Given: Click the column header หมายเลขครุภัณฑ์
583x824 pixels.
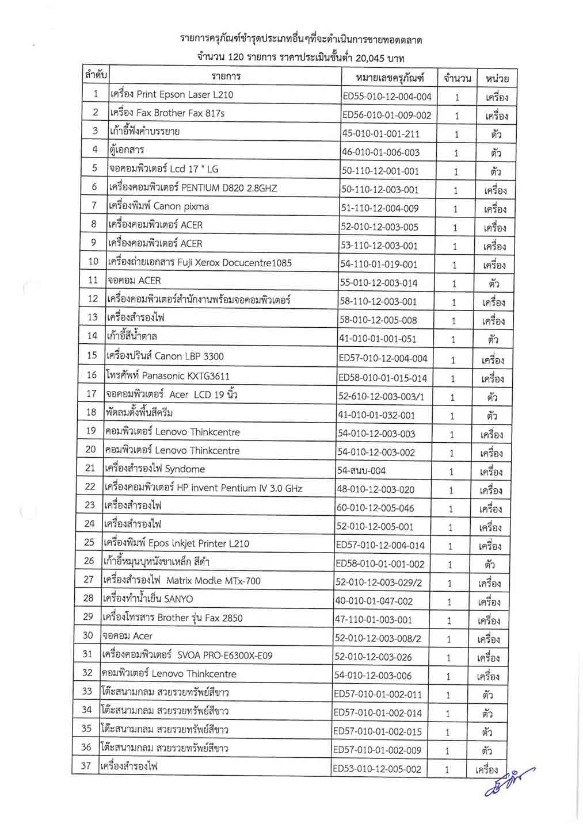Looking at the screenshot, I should [x=390, y=77].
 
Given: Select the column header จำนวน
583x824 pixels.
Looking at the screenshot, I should [x=458, y=78].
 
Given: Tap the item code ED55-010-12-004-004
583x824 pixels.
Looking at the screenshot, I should [x=387, y=97].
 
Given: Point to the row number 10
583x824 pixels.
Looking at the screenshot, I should [x=93, y=262].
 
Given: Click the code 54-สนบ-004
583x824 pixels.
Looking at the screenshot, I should [x=361, y=471].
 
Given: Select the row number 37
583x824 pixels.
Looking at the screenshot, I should [x=86, y=765].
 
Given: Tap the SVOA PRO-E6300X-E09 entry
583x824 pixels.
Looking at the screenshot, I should [x=187, y=655].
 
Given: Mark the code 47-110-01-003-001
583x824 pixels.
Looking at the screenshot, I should [x=374, y=620].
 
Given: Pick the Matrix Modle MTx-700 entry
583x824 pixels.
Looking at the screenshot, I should [x=181, y=581].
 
